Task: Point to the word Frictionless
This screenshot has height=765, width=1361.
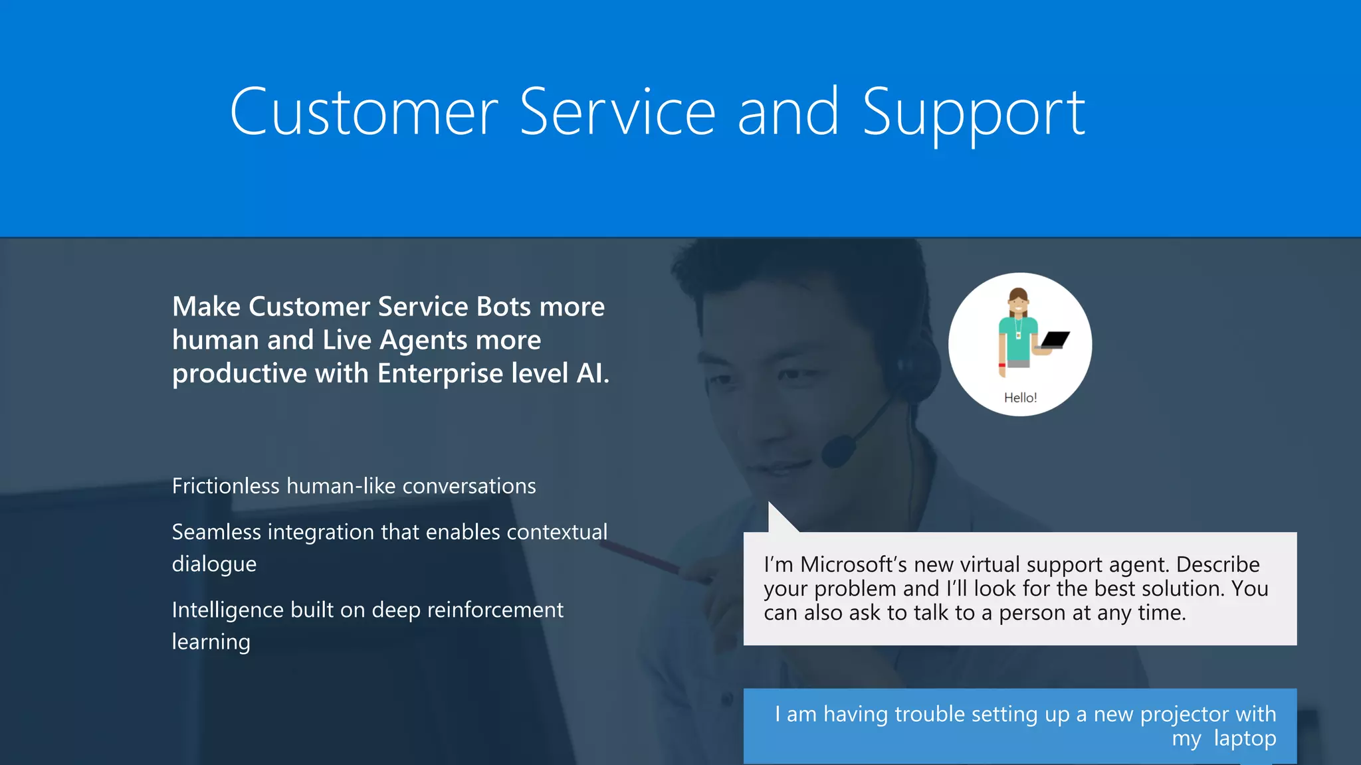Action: (225, 486)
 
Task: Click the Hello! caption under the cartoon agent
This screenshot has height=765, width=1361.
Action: (1020, 398)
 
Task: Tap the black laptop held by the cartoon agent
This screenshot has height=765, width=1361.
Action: (1055, 340)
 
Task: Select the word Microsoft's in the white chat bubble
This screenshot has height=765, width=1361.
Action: (853, 564)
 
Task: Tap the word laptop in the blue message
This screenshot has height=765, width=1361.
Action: (1245, 738)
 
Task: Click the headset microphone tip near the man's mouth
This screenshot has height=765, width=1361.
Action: (838, 451)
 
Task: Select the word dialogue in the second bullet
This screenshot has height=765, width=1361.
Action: (214, 564)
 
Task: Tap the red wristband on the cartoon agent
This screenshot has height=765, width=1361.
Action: (1001, 365)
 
